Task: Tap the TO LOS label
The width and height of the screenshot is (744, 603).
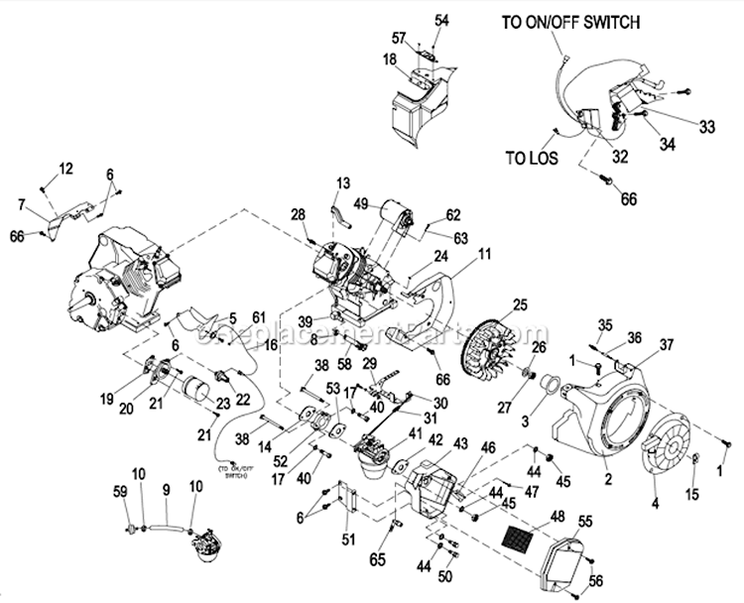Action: pyautogui.click(x=532, y=157)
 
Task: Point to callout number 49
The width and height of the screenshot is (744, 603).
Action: pyautogui.click(x=362, y=204)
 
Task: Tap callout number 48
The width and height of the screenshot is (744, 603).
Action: pyautogui.click(x=558, y=516)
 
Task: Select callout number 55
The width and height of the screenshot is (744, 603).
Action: pyautogui.click(x=585, y=521)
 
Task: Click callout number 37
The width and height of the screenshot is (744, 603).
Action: pyautogui.click(x=666, y=344)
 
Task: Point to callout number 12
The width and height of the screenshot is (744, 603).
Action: pyautogui.click(x=65, y=170)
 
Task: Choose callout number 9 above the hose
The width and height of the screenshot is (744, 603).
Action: pyautogui.click(x=167, y=488)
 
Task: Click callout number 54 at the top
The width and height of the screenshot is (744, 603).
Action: pyautogui.click(x=441, y=19)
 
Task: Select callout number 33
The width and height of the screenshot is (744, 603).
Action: pyautogui.click(x=706, y=126)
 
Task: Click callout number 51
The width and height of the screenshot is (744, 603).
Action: pyautogui.click(x=347, y=540)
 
